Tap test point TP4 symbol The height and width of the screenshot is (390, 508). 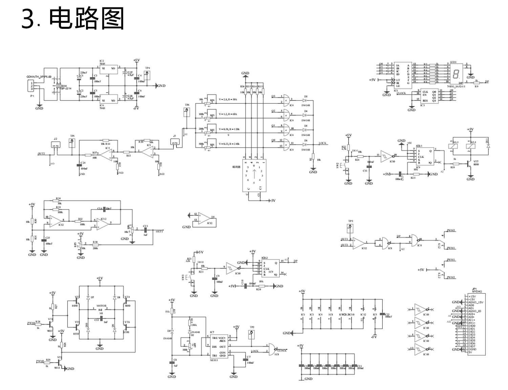point(147,74)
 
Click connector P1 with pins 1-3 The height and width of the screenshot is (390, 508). point(32,86)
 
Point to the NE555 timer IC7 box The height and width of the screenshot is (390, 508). point(218,346)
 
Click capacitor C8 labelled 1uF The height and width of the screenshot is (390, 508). point(172,363)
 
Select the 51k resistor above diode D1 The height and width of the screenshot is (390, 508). point(172,311)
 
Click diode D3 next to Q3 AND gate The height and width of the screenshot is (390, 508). point(305,100)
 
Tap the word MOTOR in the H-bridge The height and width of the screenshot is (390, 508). point(101,306)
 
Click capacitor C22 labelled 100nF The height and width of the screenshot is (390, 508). point(383,315)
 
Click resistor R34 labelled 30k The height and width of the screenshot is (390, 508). point(58,201)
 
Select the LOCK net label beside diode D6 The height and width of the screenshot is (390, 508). point(322,143)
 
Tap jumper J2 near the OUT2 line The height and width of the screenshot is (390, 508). point(56,145)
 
